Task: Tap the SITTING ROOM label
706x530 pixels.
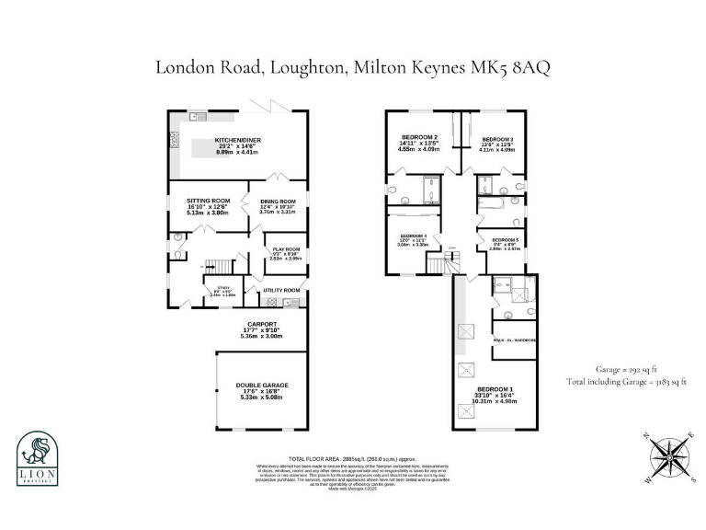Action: pyautogui.click(x=208, y=201)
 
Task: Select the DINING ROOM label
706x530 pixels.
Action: pyautogui.click(x=278, y=202)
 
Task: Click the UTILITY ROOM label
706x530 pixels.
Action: pyautogui.click(x=282, y=291)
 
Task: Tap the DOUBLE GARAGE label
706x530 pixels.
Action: pyautogui.click(x=262, y=386)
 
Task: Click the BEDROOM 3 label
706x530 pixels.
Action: pyautogui.click(x=497, y=140)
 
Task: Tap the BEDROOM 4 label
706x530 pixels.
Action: pyautogui.click(x=413, y=236)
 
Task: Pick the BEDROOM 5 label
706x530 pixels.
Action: pyautogui.click(x=505, y=240)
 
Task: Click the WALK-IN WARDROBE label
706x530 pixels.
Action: pyautogui.click(x=513, y=339)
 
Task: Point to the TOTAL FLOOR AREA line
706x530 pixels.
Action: pyautogui.click(x=353, y=457)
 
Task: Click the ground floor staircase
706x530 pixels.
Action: pyautogui.click(x=212, y=267)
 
